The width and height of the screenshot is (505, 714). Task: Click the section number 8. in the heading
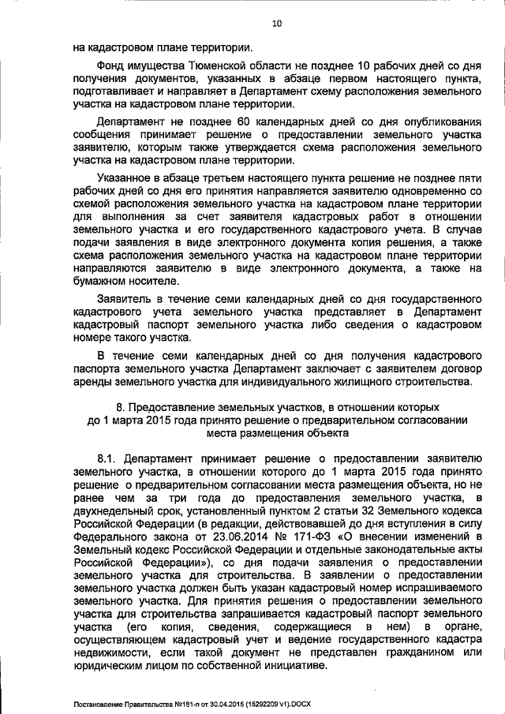click(120, 408)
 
